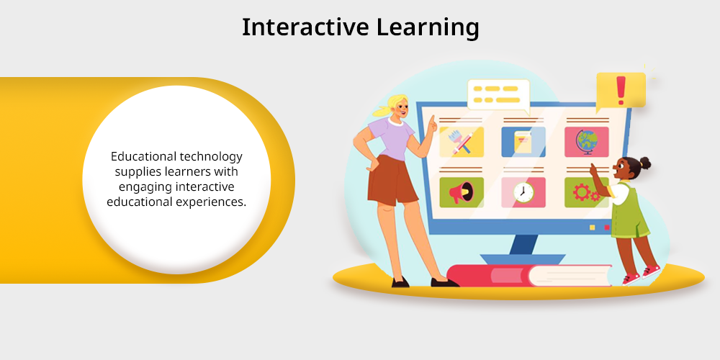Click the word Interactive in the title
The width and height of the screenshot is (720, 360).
pyautogui.click(x=305, y=27)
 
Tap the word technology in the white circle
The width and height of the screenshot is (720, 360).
pyautogui.click(x=211, y=157)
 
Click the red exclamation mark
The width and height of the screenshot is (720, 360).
pyautogui.click(x=621, y=90)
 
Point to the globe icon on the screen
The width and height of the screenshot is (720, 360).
pyautogui.click(x=586, y=142)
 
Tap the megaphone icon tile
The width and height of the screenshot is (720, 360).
pyautogui.click(x=462, y=192)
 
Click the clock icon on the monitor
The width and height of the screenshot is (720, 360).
pyautogui.click(x=523, y=192)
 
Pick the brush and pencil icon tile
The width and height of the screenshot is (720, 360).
pyautogui.click(x=462, y=142)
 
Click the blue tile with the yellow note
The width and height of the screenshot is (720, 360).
pyautogui.click(x=523, y=142)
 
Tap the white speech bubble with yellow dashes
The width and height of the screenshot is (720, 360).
pyautogui.click(x=498, y=96)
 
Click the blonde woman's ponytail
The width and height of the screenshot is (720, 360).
pyautogui.click(x=380, y=111)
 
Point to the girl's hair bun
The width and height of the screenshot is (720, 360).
pyautogui.click(x=644, y=163)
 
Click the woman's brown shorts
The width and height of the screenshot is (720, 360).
pyautogui.click(x=392, y=180)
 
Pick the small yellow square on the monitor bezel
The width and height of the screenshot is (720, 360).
pyautogui.click(x=593, y=228)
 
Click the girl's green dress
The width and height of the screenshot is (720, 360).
pyautogui.click(x=630, y=211)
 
